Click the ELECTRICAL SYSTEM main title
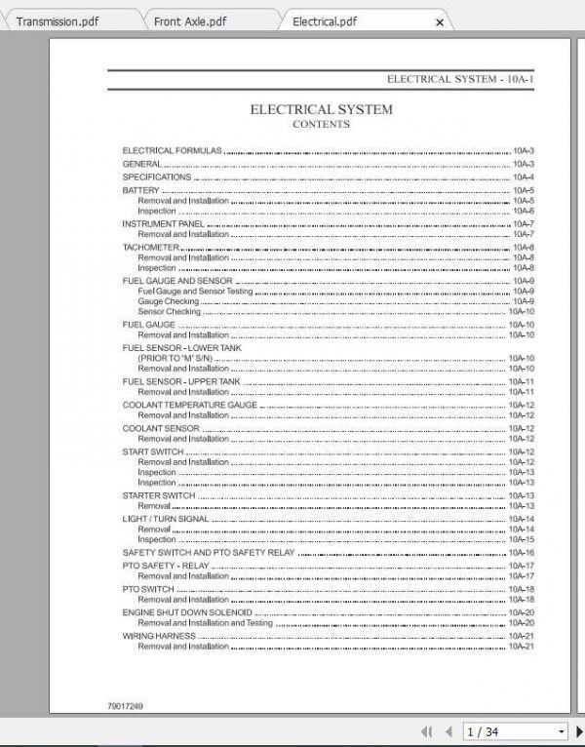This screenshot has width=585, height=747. point(321,109)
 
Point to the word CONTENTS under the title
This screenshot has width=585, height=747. point(321,125)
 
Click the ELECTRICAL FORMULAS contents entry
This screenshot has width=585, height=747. point(172,150)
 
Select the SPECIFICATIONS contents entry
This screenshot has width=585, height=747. point(156,177)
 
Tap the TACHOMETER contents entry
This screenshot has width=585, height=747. point(150,248)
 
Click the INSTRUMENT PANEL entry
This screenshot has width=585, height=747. point(163,224)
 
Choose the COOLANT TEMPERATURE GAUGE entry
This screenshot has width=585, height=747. point(189,405)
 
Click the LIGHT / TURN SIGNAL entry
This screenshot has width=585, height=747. point(165,519)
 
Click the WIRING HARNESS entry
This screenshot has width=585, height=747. point(158,636)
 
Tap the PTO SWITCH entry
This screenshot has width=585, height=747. point(148,589)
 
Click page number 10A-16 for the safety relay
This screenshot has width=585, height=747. point(523,553)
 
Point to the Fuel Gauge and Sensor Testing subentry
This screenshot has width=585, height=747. point(195,292)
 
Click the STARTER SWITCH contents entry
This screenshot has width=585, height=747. point(158,495)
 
